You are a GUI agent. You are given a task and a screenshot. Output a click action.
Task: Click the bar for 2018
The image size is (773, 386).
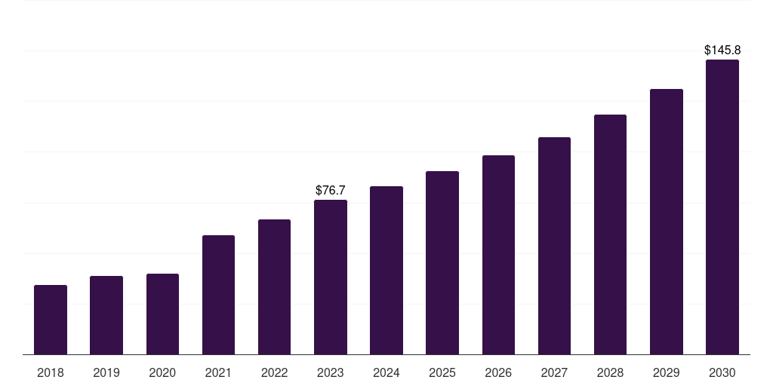tap(51, 320)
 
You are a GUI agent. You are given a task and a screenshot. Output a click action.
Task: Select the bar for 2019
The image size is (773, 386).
tap(106, 315)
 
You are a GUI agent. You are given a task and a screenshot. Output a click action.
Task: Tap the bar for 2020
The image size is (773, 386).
tap(162, 314)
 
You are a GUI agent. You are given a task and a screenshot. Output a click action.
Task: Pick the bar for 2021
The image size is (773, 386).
tap(218, 295)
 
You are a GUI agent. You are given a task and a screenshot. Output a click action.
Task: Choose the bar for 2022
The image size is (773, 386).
tap(274, 286)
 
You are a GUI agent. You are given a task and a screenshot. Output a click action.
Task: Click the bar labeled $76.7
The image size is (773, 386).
tap(331, 277)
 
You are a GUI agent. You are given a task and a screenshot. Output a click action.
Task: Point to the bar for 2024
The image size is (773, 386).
tap(386, 270)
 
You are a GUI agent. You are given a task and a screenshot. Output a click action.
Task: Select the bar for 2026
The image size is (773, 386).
tap(498, 255)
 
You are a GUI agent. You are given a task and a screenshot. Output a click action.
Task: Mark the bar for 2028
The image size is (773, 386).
tap(610, 234)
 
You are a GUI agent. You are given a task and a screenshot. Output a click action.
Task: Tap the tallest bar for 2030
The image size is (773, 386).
tap(722, 207)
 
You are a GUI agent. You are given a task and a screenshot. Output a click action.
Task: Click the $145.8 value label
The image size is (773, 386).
tap(722, 51)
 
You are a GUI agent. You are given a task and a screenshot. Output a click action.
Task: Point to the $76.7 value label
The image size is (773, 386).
tap(331, 191)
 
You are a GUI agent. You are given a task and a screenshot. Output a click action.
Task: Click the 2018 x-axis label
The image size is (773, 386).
tap(51, 372)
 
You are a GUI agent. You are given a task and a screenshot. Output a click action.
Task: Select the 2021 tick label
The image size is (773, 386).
tap(218, 372)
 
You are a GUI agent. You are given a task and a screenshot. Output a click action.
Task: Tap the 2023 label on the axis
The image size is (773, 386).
tap(331, 372)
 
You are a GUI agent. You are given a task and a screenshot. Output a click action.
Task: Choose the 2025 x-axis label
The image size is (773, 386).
tap(442, 372)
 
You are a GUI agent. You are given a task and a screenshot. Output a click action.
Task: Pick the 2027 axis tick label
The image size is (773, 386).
tap(554, 372)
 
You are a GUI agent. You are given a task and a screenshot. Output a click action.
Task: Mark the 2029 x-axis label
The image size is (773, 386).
tap(667, 372)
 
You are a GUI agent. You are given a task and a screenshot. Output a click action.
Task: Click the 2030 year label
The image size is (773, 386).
tap(722, 372)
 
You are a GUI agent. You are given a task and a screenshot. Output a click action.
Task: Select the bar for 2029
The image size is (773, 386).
tap(667, 222)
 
